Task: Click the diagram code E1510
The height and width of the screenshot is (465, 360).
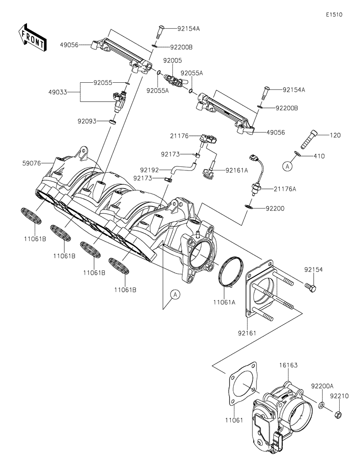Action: (334, 14)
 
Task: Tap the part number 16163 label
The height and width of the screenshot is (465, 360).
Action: (288, 366)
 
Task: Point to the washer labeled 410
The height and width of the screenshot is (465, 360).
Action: (297, 155)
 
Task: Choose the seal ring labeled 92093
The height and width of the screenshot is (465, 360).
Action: (112, 121)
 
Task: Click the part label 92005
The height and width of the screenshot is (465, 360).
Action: (172, 60)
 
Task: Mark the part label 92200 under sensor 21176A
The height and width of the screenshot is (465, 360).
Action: (275, 209)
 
